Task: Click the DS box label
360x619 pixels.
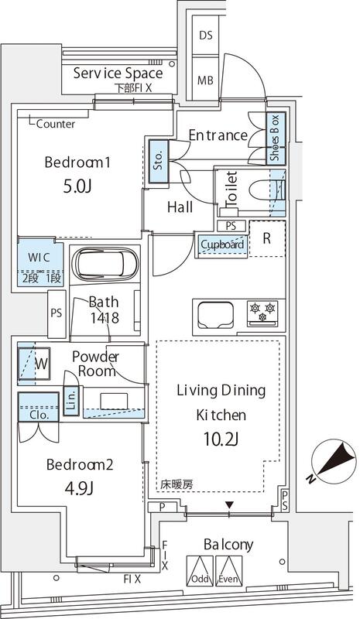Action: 206,36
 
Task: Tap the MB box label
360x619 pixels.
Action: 206,80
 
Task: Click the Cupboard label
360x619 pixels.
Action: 222,245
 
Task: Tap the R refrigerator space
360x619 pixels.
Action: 266,239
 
